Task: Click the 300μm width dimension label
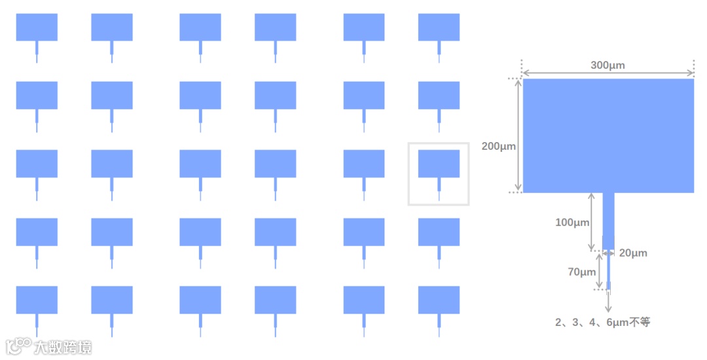[x=607, y=65]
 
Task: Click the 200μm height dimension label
[x=499, y=147]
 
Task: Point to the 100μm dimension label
[x=572, y=223]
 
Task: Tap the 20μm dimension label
[x=633, y=253]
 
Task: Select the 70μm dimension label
[x=582, y=272]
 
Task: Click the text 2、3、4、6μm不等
[x=602, y=322]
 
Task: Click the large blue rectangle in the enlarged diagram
[x=608, y=135]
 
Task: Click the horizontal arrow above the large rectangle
[x=607, y=73]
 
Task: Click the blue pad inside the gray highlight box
[x=439, y=164]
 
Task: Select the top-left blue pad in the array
[x=37, y=27]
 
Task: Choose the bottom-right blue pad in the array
[x=439, y=300]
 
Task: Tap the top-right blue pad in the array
[x=439, y=27]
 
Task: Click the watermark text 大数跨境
[x=63, y=347]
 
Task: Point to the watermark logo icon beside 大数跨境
[x=18, y=346]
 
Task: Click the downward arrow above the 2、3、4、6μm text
[x=608, y=301]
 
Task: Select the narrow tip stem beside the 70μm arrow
[x=608, y=270]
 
